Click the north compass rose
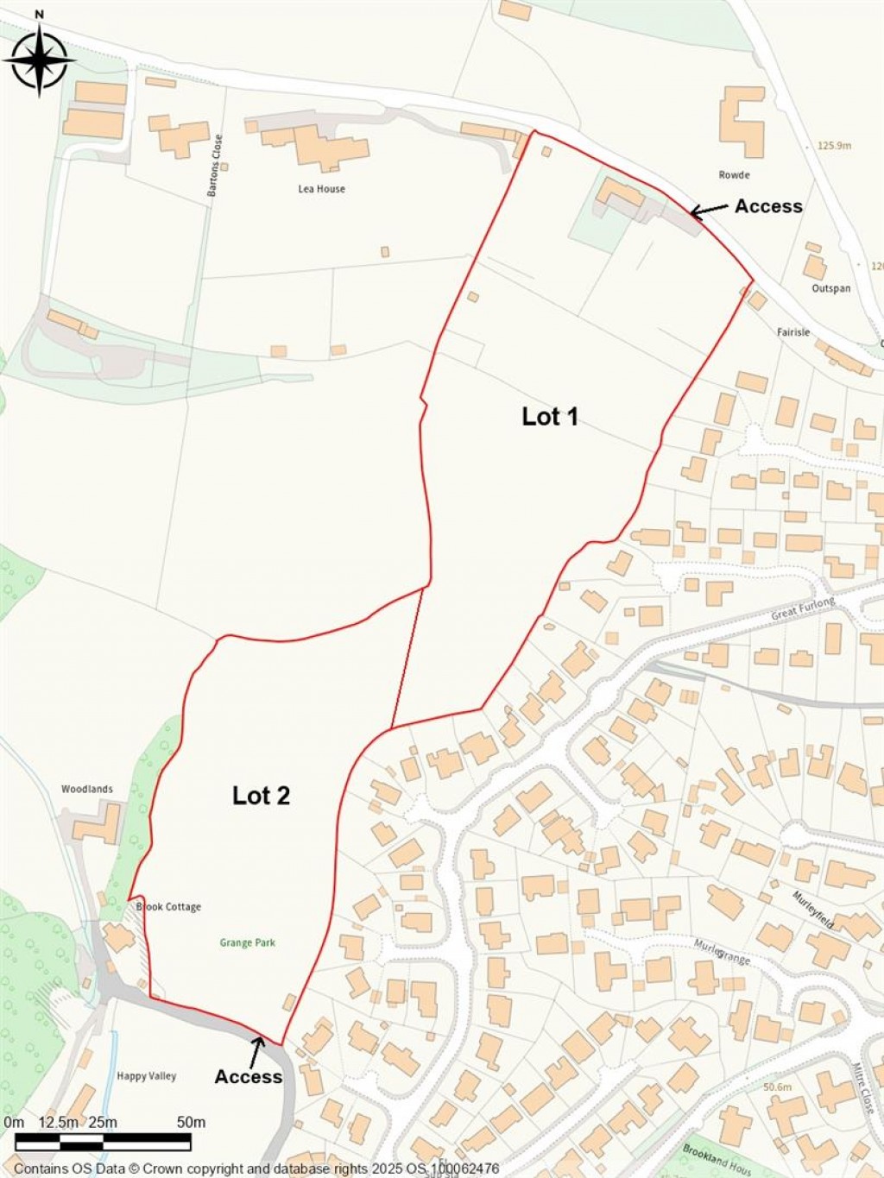coord(39,59)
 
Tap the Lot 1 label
coord(550,417)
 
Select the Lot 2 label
coord(261,796)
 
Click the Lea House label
coord(321,189)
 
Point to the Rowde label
coord(734,175)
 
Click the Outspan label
coord(831,288)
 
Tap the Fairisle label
coord(792,332)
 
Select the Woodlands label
coord(87,789)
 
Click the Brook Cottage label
coord(168,907)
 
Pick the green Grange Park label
coord(248,942)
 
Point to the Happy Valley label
coord(147,1076)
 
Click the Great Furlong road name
coord(803,608)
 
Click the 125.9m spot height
coord(834,146)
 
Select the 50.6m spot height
coord(778,1087)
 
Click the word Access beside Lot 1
coord(768,206)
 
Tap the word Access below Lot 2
coord(249,1077)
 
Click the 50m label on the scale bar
coord(191,1123)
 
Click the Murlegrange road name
coord(722,952)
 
